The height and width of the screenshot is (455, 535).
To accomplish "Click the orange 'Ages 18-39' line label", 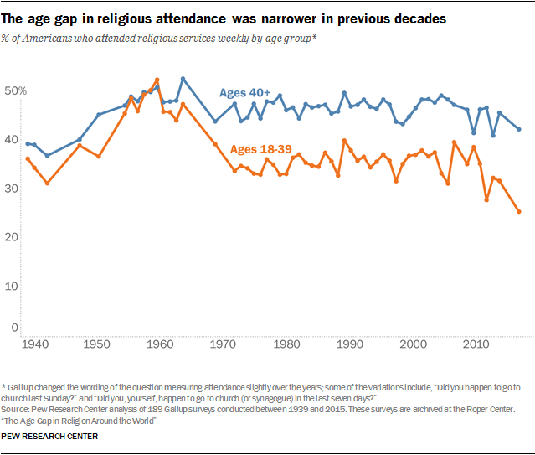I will (x=260, y=149).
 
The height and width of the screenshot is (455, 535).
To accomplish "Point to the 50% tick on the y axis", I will (x=17, y=90).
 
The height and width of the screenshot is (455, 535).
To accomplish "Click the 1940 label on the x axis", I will (x=34, y=344).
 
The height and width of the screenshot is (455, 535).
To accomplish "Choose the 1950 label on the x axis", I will (x=97, y=344).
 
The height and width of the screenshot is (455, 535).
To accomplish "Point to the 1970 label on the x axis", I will (x=224, y=344).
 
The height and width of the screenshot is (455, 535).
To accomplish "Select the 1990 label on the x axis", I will (x=350, y=344).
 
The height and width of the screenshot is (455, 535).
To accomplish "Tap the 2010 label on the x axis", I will (x=476, y=344).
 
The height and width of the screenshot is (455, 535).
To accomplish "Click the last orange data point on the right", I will (x=518, y=212).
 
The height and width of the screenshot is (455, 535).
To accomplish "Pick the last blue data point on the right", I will (x=518, y=130).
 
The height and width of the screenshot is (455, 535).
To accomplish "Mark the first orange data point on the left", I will (x=28, y=158).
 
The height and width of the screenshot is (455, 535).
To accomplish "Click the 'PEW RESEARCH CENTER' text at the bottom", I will (x=49, y=437).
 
